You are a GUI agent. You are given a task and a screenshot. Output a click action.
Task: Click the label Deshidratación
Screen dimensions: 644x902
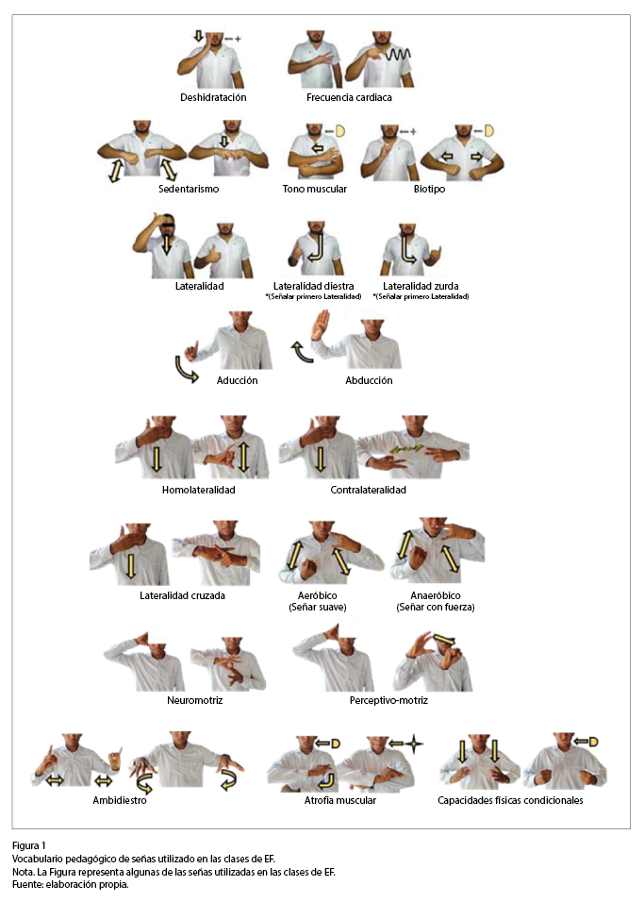point(213,98)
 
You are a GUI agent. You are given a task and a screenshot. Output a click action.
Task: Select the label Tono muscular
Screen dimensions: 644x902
point(315,189)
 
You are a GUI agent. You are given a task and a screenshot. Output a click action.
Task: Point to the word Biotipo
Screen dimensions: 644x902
point(429,189)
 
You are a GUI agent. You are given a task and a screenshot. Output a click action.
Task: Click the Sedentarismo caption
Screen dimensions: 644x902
point(189,189)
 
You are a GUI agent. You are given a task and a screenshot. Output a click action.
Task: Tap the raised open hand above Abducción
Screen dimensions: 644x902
point(321,326)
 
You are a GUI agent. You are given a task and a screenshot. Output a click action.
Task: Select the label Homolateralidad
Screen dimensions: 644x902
point(198,490)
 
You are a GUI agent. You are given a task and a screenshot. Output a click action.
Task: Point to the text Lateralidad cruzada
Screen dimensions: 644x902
point(182,596)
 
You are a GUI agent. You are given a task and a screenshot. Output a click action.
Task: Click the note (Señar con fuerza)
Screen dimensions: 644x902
point(436,608)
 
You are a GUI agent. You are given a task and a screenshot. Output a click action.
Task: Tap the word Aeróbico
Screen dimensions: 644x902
point(318,596)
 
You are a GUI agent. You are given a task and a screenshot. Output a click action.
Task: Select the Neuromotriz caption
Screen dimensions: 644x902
point(194,701)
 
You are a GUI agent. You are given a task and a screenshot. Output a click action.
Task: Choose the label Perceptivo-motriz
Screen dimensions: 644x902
point(388,701)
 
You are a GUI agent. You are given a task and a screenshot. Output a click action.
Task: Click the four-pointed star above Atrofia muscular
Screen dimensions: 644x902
point(413,743)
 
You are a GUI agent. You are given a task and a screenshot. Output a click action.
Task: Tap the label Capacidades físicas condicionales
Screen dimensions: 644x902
point(510,801)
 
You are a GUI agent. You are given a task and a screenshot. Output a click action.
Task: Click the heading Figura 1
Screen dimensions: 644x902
point(28,845)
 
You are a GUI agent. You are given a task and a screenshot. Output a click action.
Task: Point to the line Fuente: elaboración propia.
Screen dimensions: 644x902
point(70,885)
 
